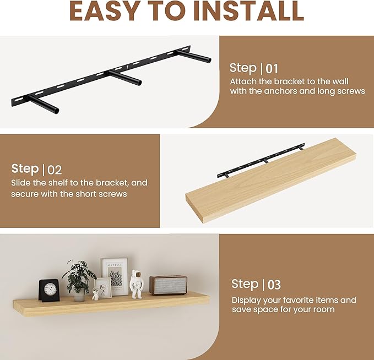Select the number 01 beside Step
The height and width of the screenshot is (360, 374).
point(272,69)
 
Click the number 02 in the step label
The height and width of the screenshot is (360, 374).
point(55,170)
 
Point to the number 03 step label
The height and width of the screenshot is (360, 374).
point(274,285)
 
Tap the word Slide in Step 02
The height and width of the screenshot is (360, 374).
point(20,183)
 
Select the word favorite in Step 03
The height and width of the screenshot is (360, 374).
point(299,300)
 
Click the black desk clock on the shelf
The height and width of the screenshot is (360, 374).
point(49,290)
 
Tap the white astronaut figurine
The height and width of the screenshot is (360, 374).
point(137,284)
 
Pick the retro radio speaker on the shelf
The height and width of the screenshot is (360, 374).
point(168,285)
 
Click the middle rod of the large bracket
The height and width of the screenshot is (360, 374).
point(124,77)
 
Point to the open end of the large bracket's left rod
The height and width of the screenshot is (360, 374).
point(56,111)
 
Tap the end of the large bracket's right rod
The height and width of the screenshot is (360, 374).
point(209,60)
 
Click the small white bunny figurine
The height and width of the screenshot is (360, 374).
point(96,294)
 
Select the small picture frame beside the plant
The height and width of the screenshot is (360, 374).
point(104,288)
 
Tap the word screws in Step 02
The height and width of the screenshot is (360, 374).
point(112,194)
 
